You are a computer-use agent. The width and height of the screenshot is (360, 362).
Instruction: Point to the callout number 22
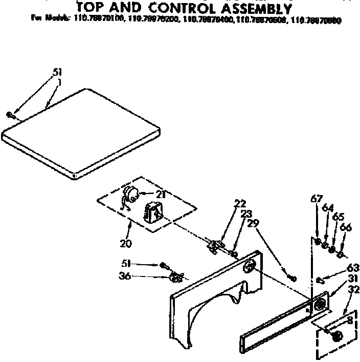coord(240,203)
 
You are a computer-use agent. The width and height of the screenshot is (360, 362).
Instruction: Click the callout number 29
coord(252,223)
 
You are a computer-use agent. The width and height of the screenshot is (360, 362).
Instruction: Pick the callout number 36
coord(125,276)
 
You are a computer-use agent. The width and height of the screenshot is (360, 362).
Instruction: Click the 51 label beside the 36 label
coord(126,264)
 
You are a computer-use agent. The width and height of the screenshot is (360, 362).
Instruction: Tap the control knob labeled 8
coord(336,336)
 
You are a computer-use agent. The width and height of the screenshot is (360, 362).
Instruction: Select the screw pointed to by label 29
coord(292,278)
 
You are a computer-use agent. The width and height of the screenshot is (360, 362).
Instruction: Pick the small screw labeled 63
coord(320,280)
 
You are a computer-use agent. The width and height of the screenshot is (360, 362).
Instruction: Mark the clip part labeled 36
coord(176,278)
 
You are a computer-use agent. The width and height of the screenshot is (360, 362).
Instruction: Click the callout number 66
coord(345,227)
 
